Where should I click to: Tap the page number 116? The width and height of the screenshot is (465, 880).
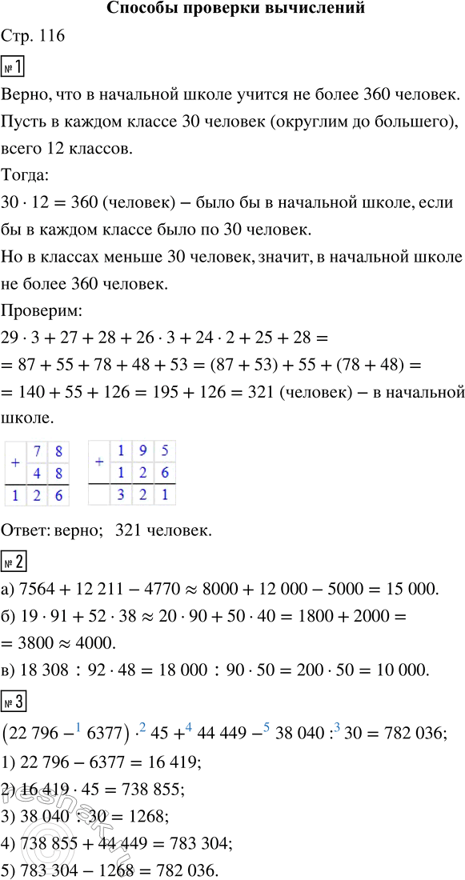pyautogui.click(x=52, y=37)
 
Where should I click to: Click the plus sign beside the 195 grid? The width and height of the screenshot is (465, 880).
pyautogui.click(x=98, y=462)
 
